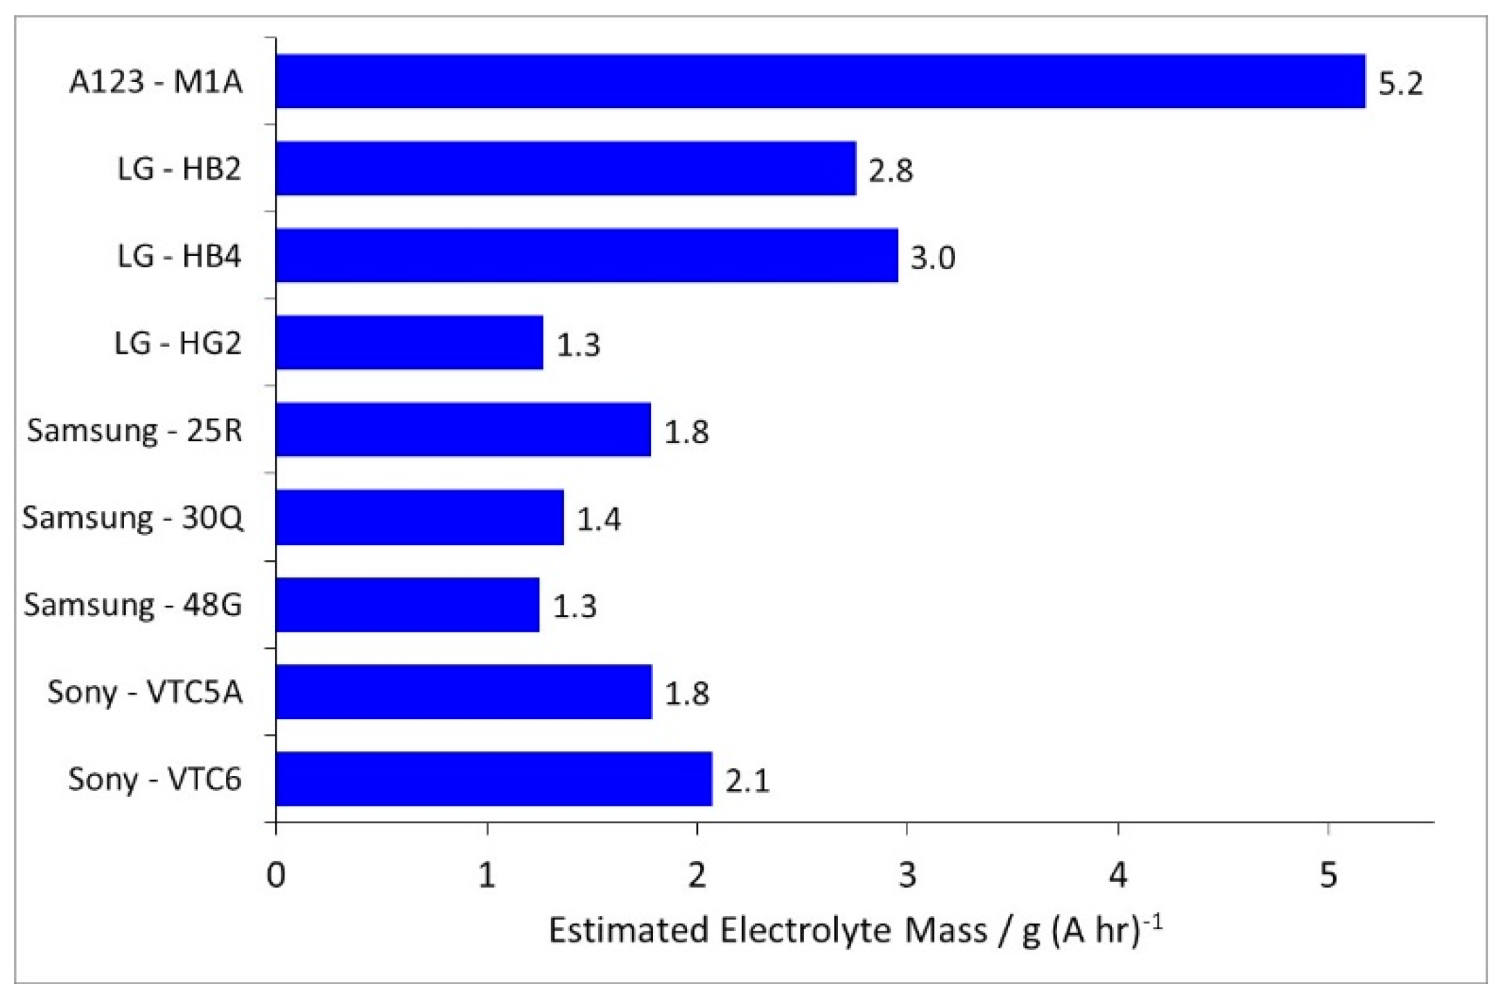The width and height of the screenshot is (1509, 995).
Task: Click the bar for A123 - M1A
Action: pyautogui.click(x=820, y=81)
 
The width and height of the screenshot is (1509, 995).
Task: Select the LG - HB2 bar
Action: pyautogui.click(x=566, y=168)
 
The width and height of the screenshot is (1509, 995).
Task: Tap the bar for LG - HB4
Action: pyautogui.click(x=586, y=256)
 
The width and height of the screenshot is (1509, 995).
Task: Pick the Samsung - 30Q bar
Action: pyautogui.click(x=419, y=517)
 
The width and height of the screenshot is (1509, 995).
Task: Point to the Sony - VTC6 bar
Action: pyautogui.click(x=494, y=779)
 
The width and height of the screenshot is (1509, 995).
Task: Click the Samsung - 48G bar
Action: pyautogui.click(x=407, y=605)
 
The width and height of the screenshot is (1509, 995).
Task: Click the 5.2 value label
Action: pyautogui.click(x=1400, y=83)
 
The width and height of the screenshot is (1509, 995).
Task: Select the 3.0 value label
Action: pyautogui.click(x=932, y=258)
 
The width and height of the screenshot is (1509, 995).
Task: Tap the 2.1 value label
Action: pyautogui.click(x=747, y=781)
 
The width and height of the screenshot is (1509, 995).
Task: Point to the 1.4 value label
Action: pyautogui.click(x=599, y=519)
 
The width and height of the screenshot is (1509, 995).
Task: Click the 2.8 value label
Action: pyautogui.click(x=891, y=171)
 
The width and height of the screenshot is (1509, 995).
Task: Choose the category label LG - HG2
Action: pyautogui.click(x=177, y=343)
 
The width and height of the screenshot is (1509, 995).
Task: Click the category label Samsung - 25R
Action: pyautogui.click(x=134, y=431)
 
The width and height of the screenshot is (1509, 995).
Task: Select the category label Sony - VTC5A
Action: pyautogui.click(x=145, y=692)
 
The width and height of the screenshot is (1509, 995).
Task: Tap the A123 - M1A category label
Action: pyautogui.click(x=156, y=82)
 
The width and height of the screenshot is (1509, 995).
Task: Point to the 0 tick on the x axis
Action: pyautogui.click(x=276, y=876)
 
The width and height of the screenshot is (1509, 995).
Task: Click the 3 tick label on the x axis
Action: pyautogui.click(x=907, y=876)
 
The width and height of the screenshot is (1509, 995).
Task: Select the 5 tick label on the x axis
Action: pyautogui.click(x=1328, y=876)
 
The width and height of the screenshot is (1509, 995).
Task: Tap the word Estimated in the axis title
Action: pyautogui.click(x=628, y=931)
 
